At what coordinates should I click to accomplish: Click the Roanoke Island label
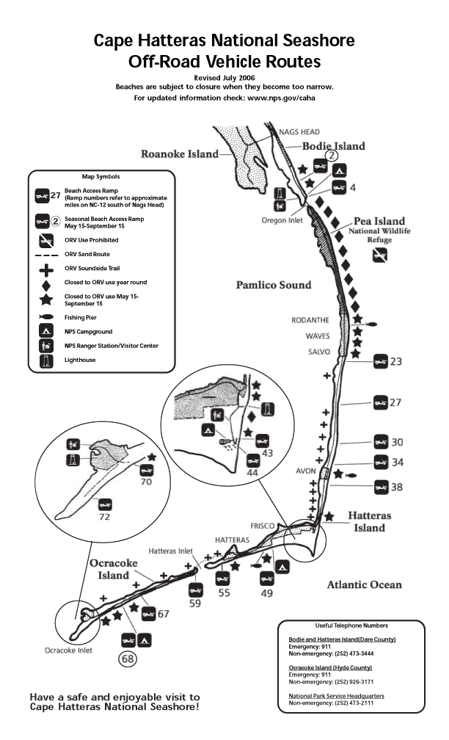pyautogui.click(x=180, y=154)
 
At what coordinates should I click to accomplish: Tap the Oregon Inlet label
pyautogui.click(x=282, y=220)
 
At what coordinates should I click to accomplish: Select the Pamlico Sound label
pyautogui.click(x=274, y=285)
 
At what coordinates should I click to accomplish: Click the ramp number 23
pyautogui.click(x=395, y=361)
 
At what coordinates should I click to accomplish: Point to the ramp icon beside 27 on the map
pyautogui.click(x=381, y=402)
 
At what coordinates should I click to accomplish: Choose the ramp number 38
pyautogui.click(x=397, y=487)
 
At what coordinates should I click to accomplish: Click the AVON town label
pyautogui.click(x=306, y=471)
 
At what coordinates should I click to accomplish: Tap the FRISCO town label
pyautogui.click(x=262, y=526)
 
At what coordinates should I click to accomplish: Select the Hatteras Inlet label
pyautogui.click(x=171, y=551)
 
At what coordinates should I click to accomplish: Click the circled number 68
pyautogui.click(x=128, y=659)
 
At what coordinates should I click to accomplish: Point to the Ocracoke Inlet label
pyautogui.click(x=68, y=650)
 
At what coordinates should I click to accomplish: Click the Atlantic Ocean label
pyautogui.click(x=365, y=584)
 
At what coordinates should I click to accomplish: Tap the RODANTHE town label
pyautogui.click(x=310, y=320)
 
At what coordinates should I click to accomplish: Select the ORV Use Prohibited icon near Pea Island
pyautogui.click(x=380, y=255)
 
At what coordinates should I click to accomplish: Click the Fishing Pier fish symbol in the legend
pyautogui.click(x=46, y=317)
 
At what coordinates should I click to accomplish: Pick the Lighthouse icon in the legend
pyautogui.click(x=46, y=360)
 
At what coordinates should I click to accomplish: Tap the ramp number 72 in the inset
pyautogui.click(x=105, y=517)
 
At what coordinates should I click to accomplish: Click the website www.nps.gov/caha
pyautogui.click(x=281, y=98)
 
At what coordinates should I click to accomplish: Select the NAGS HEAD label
pyautogui.click(x=299, y=132)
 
